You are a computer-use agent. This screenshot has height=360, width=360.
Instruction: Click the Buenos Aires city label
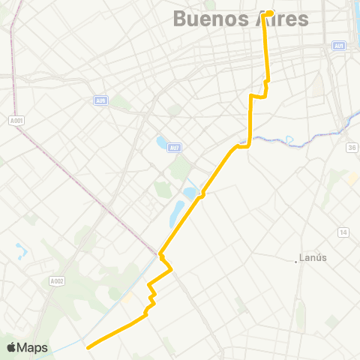(241, 19)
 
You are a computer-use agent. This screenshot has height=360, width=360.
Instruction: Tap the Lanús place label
(314, 258)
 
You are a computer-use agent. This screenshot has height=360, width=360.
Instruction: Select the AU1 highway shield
(340, 46)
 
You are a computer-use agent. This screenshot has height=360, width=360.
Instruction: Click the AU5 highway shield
(101, 100)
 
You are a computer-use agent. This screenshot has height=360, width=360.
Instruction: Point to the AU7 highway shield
(174, 147)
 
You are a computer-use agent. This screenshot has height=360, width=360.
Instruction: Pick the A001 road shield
(15, 119)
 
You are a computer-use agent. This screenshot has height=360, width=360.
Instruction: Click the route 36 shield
(352, 148)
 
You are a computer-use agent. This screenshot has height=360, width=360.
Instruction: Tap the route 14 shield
(343, 231)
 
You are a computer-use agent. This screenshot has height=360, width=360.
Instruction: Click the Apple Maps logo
(27, 347)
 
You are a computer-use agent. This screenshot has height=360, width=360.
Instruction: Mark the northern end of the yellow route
(269, 12)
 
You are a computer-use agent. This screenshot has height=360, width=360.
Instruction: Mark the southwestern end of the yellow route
(88, 347)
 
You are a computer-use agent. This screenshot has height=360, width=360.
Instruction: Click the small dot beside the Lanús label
(295, 261)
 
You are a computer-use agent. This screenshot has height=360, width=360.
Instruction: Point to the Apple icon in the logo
(11, 347)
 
